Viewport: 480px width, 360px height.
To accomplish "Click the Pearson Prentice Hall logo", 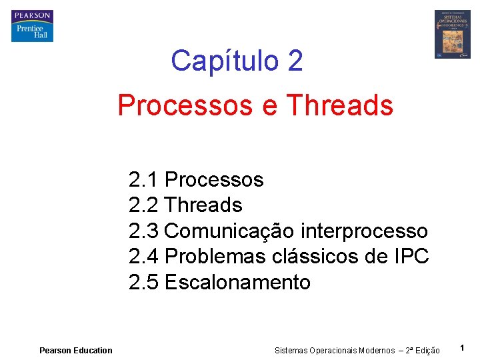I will [31, 26].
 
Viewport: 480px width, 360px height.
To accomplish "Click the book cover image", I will [452, 34].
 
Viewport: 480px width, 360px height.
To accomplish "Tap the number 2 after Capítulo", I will [295, 61].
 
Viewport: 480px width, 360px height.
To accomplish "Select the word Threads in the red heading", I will [339, 105].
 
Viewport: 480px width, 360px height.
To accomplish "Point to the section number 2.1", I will [143, 180].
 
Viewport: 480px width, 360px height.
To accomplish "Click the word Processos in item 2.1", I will [214, 180].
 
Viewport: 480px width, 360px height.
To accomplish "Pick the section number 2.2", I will [143, 205].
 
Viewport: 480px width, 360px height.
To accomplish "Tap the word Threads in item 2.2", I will [203, 205].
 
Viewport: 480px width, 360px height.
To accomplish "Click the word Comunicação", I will [229, 231].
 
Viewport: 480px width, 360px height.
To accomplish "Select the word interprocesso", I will [364, 231].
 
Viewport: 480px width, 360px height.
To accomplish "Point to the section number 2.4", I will [143, 257].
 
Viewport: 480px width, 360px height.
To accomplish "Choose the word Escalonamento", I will [237, 283].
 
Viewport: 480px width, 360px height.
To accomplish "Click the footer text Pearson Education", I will [76, 351].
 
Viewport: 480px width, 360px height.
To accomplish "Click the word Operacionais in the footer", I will [333, 351].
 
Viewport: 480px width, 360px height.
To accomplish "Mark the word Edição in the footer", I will [427, 351].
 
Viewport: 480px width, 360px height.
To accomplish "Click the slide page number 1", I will [462, 348].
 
